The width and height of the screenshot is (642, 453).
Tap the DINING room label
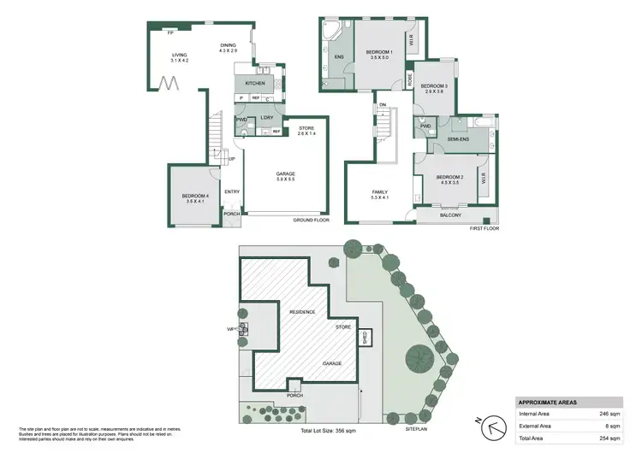click(228, 47)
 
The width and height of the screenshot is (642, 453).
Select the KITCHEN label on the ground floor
click(255, 83)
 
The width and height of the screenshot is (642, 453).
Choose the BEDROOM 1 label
click(380, 53)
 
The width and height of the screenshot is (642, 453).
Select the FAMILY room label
click(380, 192)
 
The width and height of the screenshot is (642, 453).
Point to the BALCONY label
click(450, 215)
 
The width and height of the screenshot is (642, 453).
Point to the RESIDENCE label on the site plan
click(302, 312)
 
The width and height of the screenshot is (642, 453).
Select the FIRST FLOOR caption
click(484, 229)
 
